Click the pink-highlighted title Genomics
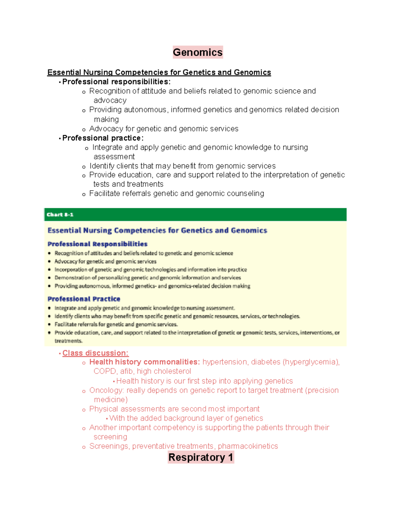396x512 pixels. point(198,52)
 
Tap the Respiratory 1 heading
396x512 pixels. point(201,457)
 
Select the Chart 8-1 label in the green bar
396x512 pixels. point(60,215)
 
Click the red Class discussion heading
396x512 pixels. point(95,353)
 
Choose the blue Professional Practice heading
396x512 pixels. point(84,299)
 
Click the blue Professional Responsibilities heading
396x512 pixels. point(97,244)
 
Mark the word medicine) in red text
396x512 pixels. point(111,400)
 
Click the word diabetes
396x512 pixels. point(265,362)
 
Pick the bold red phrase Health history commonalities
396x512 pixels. point(145,362)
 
